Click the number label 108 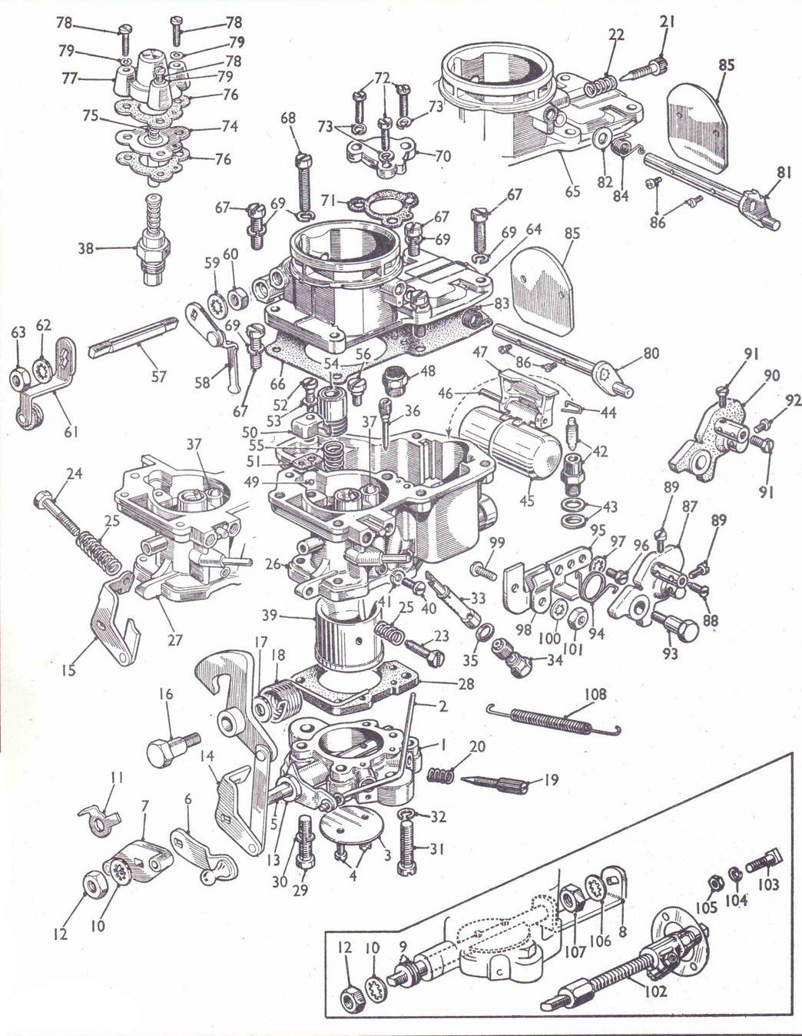click(x=595, y=695)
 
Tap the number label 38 click(x=86, y=249)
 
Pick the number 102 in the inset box click(x=655, y=991)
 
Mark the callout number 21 click(x=667, y=22)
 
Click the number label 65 click(x=572, y=191)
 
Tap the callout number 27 click(x=174, y=639)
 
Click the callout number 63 click(x=18, y=332)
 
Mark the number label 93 click(x=671, y=653)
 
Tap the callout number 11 click(x=116, y=778)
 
